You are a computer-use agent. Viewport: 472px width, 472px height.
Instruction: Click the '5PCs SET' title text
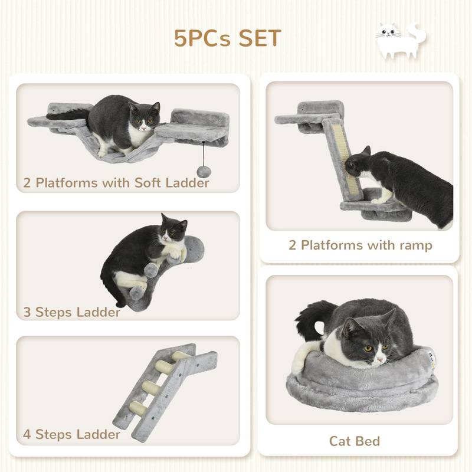(227, 38)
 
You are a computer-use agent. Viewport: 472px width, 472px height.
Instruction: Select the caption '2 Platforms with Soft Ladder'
(116, 183)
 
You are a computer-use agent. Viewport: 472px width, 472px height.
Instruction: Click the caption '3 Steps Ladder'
(72, 312)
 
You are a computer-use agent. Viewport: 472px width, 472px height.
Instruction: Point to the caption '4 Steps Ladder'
(72, 435)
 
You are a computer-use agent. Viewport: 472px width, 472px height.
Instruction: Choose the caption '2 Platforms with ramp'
(360, 245)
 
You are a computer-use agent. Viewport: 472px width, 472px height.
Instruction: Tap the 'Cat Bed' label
(354, 441)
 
